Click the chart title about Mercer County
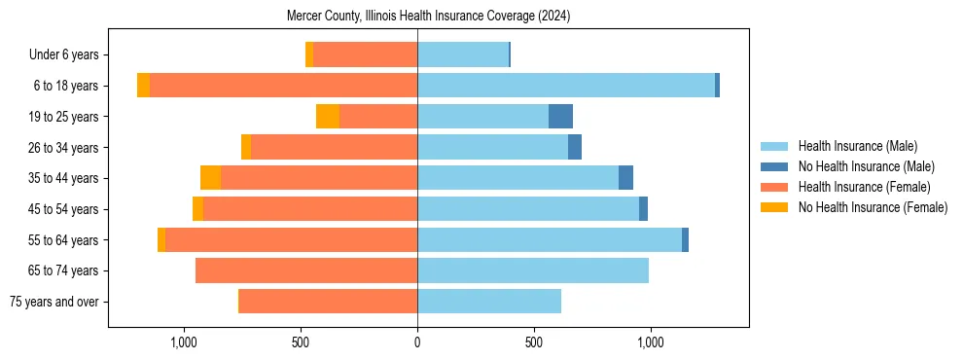[x=428, y=17]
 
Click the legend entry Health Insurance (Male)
[x=857, y=146]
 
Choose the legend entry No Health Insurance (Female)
[x=873, y=207]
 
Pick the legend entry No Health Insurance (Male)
[x=866, y=166]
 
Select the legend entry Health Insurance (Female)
[x=864, y=187]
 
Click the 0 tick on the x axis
[x=417, y=342]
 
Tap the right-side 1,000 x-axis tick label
[x=650, y=342]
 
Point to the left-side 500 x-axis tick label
[x=301, y=342]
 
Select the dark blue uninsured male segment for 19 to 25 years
[x=560, y=117]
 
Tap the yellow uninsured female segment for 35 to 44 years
[x=210, y=178]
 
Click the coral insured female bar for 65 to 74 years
[x=306, y=270]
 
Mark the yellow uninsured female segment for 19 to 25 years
[x=328, y=117]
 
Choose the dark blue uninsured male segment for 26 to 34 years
[x=575, y=147]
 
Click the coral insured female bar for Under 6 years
[x=365, y=55]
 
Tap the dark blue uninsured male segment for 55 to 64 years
[x=685, y=239]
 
